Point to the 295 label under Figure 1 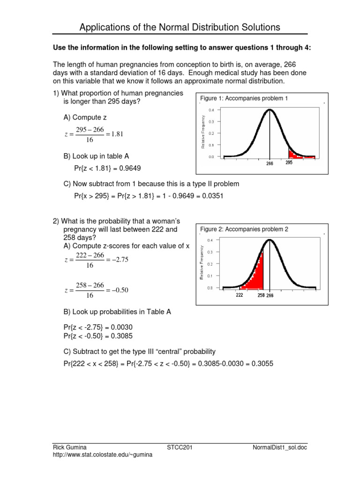tap(289, 163)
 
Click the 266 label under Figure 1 tap(270, 164)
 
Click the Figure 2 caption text tap(244, 229)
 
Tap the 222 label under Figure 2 tap(240, 295)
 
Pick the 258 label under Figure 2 tap(261, 295)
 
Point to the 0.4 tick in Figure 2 tap(210, 240)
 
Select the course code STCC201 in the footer tap(180, 448)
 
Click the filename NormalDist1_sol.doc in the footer tap(279, 448)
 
